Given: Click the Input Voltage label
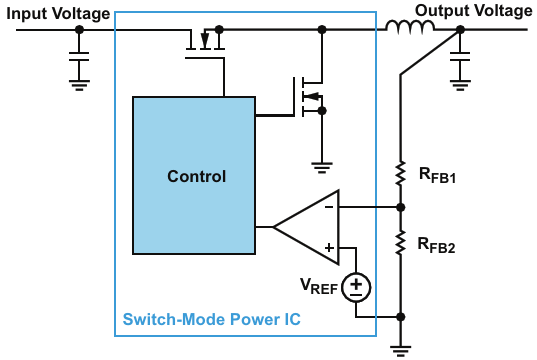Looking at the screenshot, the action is [x=58, y=14].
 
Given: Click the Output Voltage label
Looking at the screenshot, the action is [x=474, y=11].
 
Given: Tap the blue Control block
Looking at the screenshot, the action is [x=194, y=175].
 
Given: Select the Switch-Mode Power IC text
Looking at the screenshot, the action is [x=212, y=319].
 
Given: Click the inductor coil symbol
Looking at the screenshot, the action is [x=410, y=27].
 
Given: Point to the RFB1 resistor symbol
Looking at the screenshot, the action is [x=400, y=174].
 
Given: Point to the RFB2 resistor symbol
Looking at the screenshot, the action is [x=400, y=243].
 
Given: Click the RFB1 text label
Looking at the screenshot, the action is [x=437, y=175].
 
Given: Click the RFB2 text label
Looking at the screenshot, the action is [x=437, y=245].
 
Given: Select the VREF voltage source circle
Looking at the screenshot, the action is [x=356, y=287].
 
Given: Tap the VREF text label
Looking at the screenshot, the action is [x=319, y=286].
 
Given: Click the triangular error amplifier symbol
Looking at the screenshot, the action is [x=307, y=227].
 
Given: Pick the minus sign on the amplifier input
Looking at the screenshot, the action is [x=329, y=207].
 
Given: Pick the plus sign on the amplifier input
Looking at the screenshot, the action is [x=329, y=248].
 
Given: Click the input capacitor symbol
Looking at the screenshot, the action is [x=79, y=57].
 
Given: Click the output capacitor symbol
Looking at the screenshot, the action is [x=460, y=57].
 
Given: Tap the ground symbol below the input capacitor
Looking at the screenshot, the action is [x=79, y=85].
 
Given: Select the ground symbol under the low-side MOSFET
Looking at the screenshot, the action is [x=322, y=167].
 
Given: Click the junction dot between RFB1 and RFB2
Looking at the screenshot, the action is [x=401, y=207].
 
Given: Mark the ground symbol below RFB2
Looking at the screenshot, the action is [x=401, y=351].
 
